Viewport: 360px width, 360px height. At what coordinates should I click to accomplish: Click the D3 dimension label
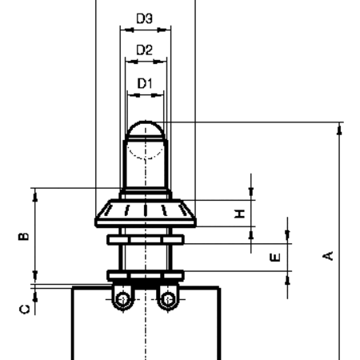click(x=144, y=18)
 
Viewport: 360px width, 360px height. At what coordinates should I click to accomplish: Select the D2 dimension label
click(x=144, y=50)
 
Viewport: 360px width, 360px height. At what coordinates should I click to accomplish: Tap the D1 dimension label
click(x=145, y=83)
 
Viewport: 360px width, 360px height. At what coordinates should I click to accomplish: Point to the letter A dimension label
click(x=328, y=255)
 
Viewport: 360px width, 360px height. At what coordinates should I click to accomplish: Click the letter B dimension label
click(x=23, y=236)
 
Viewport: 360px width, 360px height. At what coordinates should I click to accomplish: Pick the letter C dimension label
click(x=25, y=310)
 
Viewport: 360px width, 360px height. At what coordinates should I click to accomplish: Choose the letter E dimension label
click(x=275, y=258)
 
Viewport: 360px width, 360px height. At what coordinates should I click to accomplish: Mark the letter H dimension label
click(x=239, y=214)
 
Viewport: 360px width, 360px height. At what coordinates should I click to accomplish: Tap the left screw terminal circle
click(x=123, y=299)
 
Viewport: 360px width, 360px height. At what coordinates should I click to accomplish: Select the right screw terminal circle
click(x=168, y=299)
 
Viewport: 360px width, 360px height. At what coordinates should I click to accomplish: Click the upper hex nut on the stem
click(x=146, y=239)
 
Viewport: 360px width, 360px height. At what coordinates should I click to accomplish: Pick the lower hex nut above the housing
click(x=146, y=275)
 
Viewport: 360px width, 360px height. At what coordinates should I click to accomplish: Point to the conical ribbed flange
click(x=146, y=213)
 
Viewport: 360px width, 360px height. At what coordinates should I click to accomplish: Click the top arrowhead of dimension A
click(x=339, y=129)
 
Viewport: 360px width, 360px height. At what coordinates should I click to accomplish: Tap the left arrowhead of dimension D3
click(x=127, y=30)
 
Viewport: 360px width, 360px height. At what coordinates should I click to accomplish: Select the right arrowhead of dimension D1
click(x=158, y=94)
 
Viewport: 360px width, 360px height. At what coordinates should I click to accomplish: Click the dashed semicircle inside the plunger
click(x=146, y=154)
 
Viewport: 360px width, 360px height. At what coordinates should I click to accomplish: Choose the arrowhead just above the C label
click(x=35, y=296)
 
